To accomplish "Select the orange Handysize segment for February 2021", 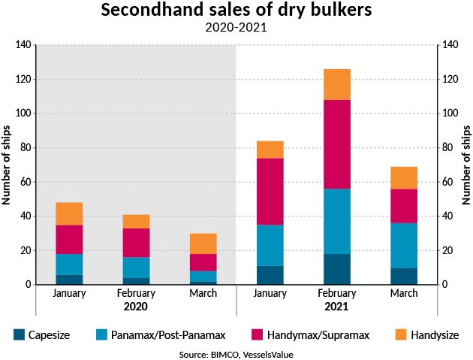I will pyautogui.click(x=336, y=84).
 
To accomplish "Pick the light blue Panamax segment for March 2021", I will pyautogui.click(x=403, y=245).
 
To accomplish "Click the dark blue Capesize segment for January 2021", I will pyautogui.click(x=270, y=275).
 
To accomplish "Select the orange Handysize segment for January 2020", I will pyautogui.click(x=69, y=213).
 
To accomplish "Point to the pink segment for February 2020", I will pyautogui.click(x=136, y=243).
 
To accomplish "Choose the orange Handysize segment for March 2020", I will pyautogui.click(x=203, y=244).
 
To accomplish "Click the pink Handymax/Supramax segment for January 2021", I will pyautogui.click(x=270, y=192).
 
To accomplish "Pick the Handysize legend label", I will pyautogui.click(x=434, y=334).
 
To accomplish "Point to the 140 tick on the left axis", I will pyautogui.click(x=24, y=45).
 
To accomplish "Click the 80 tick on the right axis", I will pyautogui.click(x=448, y=148).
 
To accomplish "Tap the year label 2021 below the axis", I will pyautogui.click(x=336, y=307).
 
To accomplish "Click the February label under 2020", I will pyautogui.click(x=136, y=294).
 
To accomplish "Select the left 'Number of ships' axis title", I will pyautogui.click(x=7, y=165).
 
